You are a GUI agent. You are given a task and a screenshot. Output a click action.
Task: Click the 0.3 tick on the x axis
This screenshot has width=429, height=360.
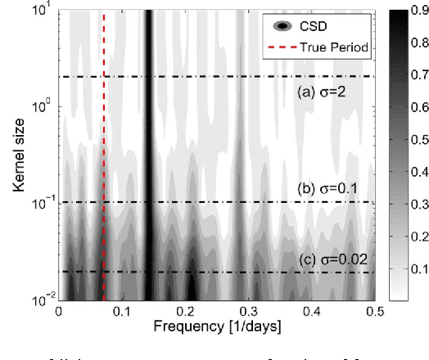[x=248, y=312]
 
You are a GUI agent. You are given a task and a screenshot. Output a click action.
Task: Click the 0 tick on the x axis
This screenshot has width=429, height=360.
[x=58, y=312]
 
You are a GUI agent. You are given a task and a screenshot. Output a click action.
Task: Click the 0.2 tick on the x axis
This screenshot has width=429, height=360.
[x=185, y=312]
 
